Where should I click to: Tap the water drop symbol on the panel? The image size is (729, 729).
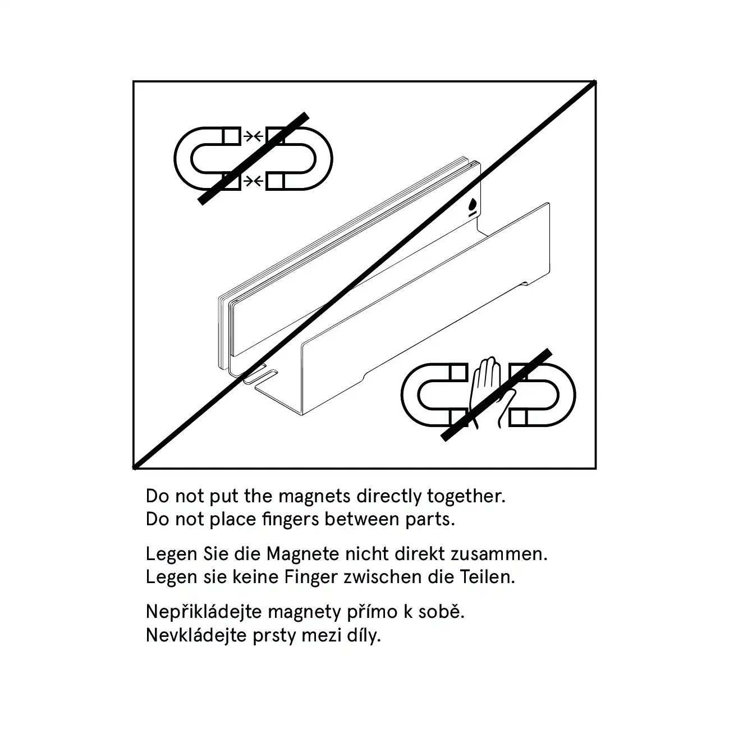point(472,205)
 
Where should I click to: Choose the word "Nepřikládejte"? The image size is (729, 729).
point(204,612)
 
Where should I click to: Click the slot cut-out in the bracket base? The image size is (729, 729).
point(260,377)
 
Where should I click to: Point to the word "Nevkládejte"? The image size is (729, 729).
point(196,635)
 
